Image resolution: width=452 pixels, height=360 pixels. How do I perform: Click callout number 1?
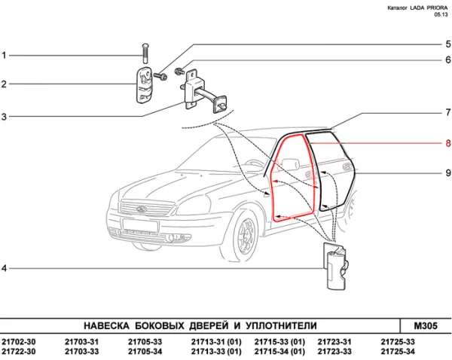click(x=4, y=56)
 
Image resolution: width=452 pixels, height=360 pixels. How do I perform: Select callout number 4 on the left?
click(x=4, y=269)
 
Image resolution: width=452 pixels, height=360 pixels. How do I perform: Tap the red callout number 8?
click(x=447, y=143)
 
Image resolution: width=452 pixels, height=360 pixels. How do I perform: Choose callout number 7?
click(x=447, y=113)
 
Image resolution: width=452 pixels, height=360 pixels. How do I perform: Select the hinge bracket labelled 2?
click(x=145, y=84)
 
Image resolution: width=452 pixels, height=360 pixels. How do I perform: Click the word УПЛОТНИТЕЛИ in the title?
click(x=279, y=325)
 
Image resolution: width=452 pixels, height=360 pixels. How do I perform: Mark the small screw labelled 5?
click(x=160, y=75)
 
